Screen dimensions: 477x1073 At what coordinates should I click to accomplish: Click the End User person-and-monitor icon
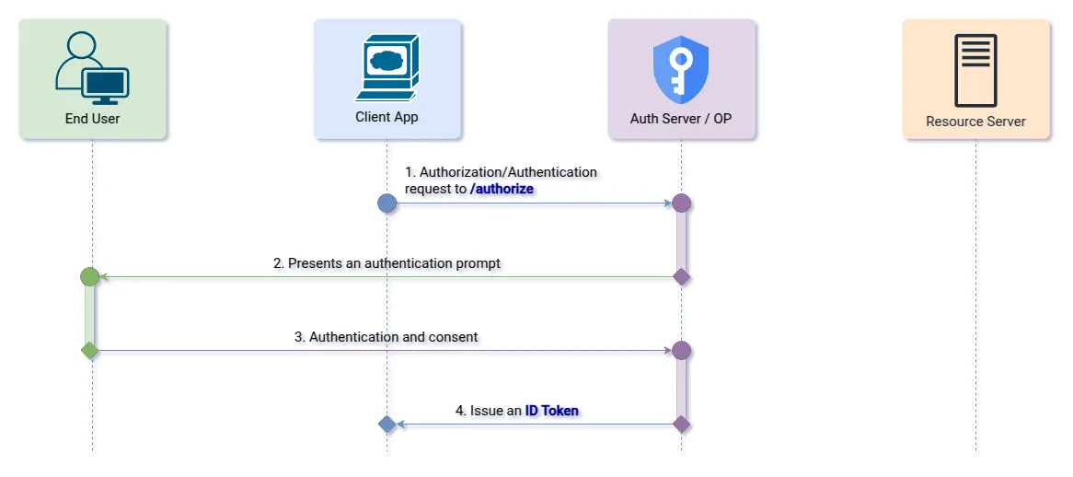(92, 68)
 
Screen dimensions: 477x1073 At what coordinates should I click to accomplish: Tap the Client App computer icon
(387, 67)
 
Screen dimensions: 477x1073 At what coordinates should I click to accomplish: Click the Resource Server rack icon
(975, 70)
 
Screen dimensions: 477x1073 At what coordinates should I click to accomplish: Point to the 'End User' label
(92, 119)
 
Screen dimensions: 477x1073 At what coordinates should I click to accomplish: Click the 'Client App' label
(387, 117)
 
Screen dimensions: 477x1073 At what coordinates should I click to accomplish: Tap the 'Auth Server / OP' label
(681, 119)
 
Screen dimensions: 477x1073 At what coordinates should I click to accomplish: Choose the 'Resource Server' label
(975, 121)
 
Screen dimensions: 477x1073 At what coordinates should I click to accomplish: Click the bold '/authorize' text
(502, 189)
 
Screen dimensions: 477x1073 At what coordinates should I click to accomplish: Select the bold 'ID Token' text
(552, 411)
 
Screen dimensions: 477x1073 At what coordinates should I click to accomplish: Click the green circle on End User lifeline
(89, 276)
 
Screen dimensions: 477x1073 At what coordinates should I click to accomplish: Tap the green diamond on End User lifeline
(89, 350)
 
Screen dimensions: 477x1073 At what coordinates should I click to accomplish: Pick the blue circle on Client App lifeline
(387, 203)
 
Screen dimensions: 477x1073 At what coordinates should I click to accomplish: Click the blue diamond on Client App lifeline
(387, 425)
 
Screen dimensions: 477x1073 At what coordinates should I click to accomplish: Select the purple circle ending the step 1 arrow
(681, 203)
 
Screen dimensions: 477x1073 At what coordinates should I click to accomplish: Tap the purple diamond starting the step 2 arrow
(681, 276)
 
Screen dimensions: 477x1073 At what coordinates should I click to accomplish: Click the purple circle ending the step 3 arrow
(681, 350)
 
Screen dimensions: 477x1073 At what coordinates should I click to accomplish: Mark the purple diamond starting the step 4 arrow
(681, 425)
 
